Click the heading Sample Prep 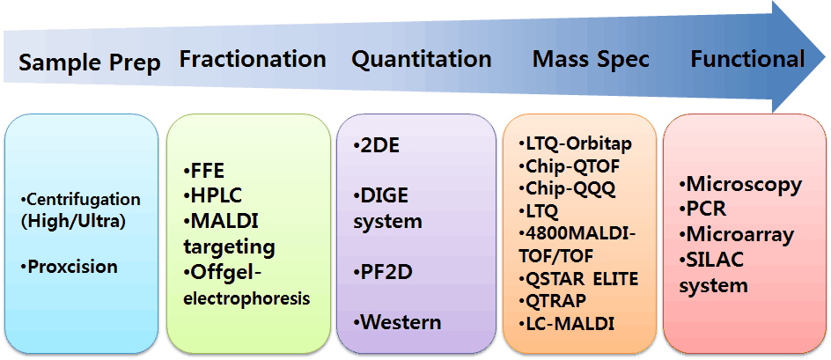click(90, 62)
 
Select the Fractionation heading click(253, 59)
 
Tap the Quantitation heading click(422, 59)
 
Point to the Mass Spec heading click(591, 60)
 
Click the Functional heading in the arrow click(747, 59)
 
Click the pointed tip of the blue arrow click(825, 56)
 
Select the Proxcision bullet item click(69, 266)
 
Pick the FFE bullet click(204, 172)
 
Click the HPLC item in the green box click(212, 196)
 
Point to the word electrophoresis click(246, 298)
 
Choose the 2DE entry click(377, 146)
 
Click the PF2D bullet click(383, 273)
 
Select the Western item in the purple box click(398, 322)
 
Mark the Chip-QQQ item click(567, 188)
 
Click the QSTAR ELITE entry click(578, 278)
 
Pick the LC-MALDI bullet click(567, 323)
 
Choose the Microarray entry click(737, 234)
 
